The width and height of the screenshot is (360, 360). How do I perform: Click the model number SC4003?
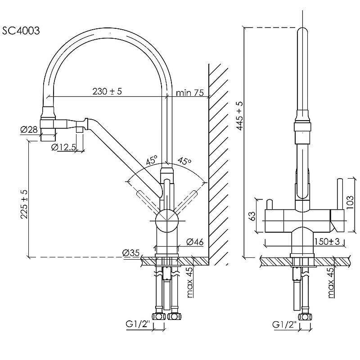(x=21, y=31)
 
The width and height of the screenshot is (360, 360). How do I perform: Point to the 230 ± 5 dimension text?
(x=108, y=91)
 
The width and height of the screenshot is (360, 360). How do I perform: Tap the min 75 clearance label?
(x=190, y=93)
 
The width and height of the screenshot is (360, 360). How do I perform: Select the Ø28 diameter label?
(x=28, y=130)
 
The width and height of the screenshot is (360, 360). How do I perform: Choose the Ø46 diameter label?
(x=194, y=243)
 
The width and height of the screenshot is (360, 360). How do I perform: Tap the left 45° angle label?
(x=151, y=160)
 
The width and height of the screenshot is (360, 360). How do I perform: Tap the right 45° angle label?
(x=184, y=161)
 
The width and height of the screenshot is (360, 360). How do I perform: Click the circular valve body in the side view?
(x=166, y=220)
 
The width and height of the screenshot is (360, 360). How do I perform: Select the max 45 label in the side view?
(x=189, y=282)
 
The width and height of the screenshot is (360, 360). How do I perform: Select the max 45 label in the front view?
(x=331, y=282)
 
